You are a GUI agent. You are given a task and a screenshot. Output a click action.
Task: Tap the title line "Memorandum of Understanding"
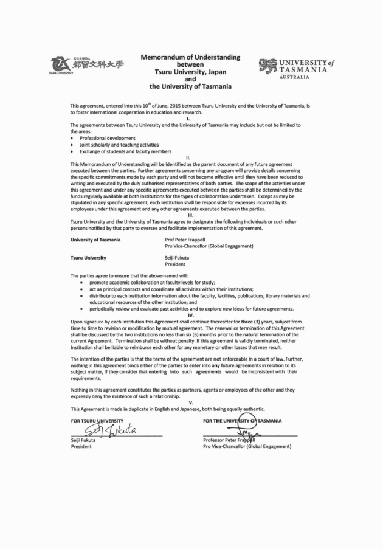point(190,58)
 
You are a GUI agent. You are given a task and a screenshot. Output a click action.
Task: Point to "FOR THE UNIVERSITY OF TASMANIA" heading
point(246,420)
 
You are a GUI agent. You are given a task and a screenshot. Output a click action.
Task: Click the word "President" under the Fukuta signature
point(81,447)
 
